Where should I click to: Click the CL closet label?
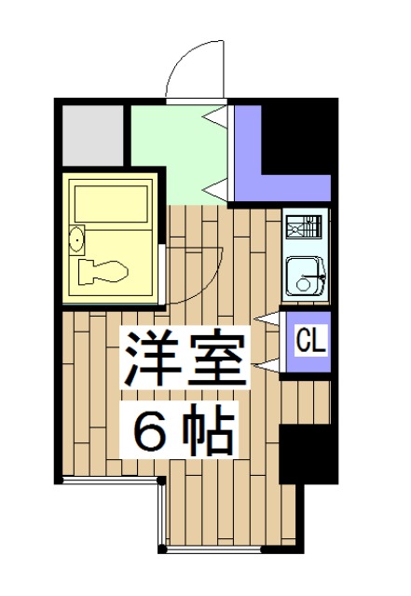[x=310, y=342]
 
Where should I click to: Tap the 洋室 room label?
[x=184, y=358]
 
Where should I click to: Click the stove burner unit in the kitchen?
[x=305, y=225]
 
